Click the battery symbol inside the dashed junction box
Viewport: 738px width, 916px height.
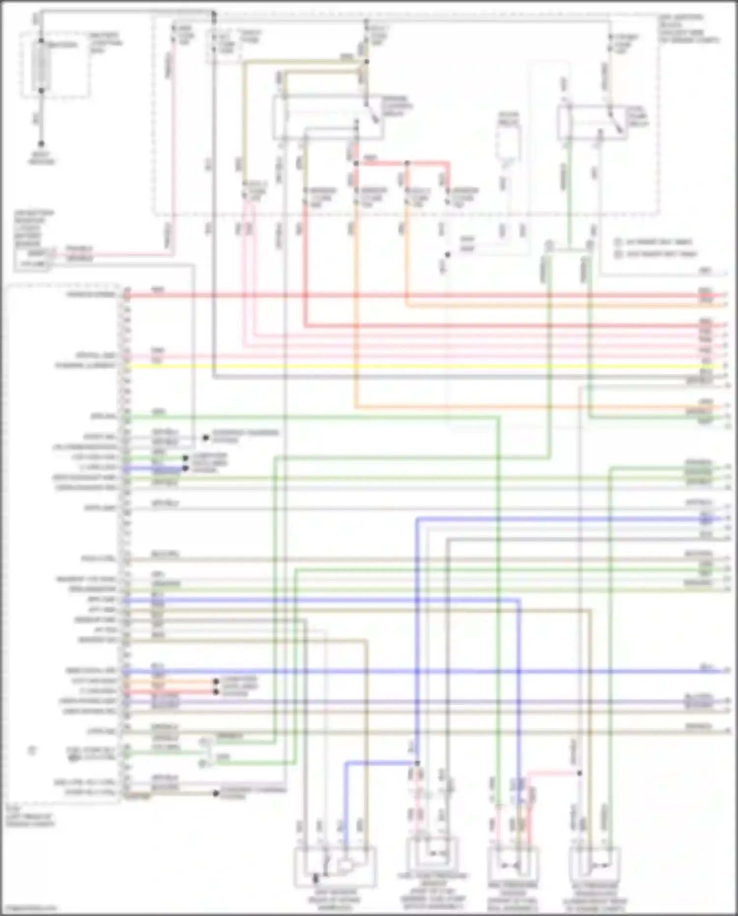coord(41,66)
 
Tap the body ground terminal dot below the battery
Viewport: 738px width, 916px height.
coord(41,144)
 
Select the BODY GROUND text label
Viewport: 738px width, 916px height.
coord(41,158)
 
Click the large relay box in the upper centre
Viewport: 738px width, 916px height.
coord(328,117)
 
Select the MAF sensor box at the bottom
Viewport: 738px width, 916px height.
coord(335,866)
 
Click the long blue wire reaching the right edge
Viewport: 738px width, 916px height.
coord(443,671)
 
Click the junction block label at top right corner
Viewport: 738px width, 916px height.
coord(689,29)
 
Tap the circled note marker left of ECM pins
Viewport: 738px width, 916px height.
coord(32,751)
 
